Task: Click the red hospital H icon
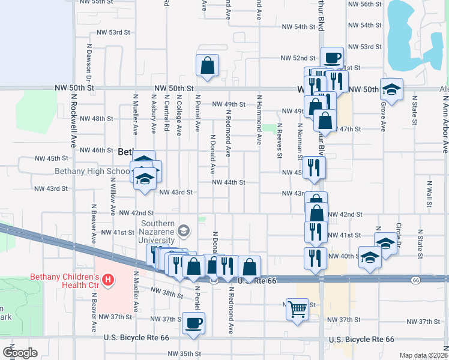(x=108, y=280)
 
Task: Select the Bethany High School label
(x=88, y=171)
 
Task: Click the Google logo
(x=20, y=353)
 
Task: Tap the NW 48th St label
(x=95, y=119)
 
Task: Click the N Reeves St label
(x=280, y=140)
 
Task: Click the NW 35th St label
(x=179, y=353)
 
